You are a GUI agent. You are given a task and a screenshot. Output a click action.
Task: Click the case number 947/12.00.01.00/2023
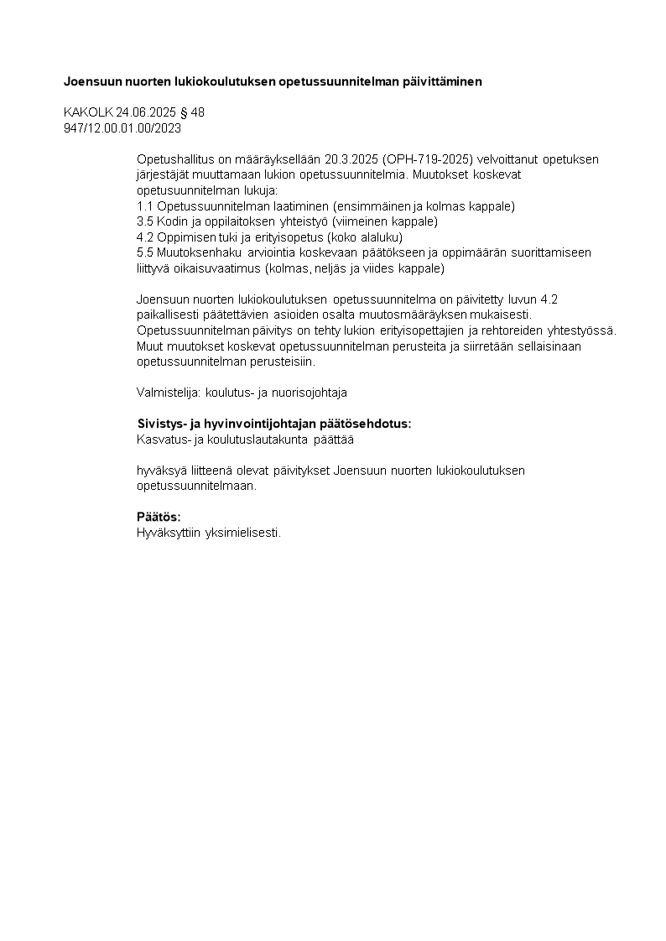(122, 128)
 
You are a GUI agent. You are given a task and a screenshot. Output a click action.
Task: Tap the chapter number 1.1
(144, 205)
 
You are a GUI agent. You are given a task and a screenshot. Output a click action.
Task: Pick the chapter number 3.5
(144, 221)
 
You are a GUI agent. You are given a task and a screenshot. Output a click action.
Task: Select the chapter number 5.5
(144, 252)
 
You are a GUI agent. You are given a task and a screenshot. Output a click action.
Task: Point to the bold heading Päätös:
(159, 517)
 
